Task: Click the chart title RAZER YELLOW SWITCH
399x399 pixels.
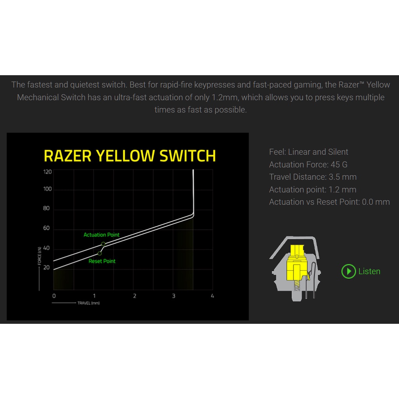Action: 130,156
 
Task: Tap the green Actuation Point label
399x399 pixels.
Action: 102,235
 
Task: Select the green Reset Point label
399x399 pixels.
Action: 102,261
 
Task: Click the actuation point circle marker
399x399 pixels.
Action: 103,244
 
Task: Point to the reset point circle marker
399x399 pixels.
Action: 100,253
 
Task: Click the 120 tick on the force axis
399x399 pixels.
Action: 47,172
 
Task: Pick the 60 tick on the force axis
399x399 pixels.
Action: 46,228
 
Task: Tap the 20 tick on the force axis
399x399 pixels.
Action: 46,267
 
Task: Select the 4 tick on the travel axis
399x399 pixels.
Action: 212,296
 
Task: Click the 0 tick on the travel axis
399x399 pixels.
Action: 54,296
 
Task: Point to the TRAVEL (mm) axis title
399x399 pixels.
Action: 88,303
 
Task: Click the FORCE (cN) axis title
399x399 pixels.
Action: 39,256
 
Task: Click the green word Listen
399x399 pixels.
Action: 369,271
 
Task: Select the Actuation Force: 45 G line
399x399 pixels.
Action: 308,165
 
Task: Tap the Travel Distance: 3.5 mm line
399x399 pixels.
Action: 313,177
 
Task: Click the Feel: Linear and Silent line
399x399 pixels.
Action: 309,152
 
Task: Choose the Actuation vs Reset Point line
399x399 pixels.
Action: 329,202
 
